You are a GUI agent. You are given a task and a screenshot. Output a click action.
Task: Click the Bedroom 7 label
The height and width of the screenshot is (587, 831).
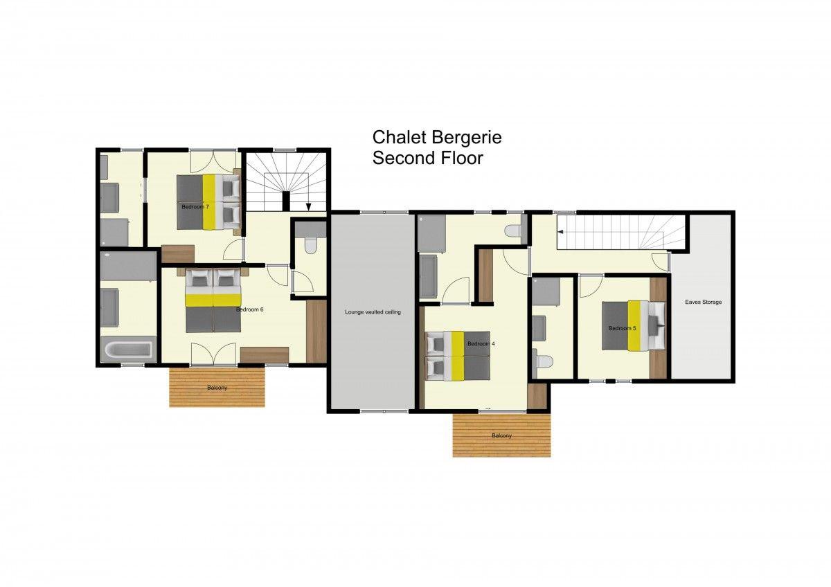[195, 207]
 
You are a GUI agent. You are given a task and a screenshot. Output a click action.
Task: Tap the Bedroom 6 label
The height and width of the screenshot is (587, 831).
[250, 309]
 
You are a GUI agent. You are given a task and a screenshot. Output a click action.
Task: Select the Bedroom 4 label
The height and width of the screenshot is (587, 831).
[481, 344]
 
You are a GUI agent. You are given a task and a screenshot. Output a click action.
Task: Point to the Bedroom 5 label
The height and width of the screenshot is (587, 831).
[622, 328]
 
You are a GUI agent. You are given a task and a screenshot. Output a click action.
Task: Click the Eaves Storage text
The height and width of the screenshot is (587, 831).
[704, 302]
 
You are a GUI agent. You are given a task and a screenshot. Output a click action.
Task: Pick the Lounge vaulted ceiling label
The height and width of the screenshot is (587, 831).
[373, 312]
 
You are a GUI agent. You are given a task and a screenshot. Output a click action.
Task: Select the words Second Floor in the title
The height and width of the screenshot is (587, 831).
[428, 158]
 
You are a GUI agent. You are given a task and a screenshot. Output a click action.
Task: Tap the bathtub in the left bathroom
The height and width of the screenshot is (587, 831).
[128, 350]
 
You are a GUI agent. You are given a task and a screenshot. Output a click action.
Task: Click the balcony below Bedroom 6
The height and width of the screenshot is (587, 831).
[217, 387]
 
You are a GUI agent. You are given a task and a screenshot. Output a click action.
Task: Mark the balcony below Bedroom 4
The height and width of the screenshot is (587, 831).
[501, 435]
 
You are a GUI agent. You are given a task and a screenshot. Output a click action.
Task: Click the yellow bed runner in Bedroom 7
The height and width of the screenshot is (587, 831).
[208, 202]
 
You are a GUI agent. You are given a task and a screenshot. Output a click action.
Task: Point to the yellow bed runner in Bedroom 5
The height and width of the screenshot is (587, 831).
[634, 325]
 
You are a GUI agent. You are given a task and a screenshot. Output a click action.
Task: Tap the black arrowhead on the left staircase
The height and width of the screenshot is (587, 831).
[308, 207]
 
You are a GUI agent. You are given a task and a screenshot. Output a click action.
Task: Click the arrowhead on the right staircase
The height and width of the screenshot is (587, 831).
[561, 232]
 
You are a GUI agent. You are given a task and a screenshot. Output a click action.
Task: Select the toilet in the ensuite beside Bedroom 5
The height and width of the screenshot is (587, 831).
[543, 361]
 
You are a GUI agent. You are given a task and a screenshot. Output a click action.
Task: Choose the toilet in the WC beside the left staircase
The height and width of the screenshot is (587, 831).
[309, 245]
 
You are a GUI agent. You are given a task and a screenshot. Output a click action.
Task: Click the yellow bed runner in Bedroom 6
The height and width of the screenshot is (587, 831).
[213, 300]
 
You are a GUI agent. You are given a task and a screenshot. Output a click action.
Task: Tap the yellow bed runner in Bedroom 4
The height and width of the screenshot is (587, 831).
[458, 356]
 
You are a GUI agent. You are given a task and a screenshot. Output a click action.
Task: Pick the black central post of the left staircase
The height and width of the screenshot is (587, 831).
[286, 201]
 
